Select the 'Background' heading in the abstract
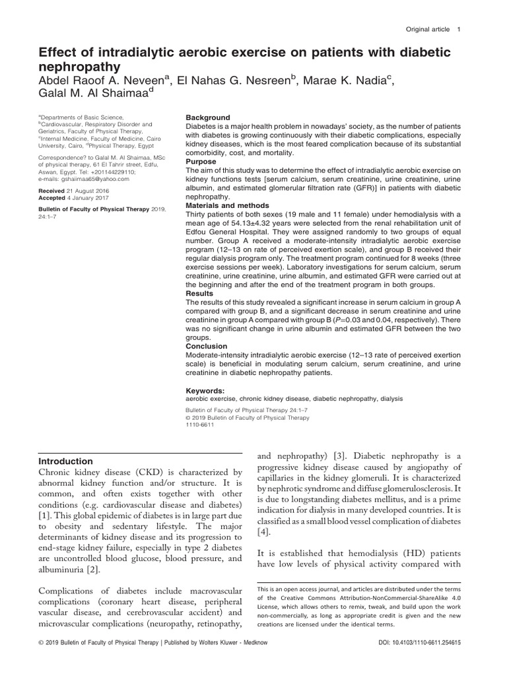tap(208, 118)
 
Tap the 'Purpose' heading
tap(202, 161)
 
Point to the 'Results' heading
tap(201, 292)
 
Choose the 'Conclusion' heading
tap(206, 346)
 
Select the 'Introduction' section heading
tap(66, 461)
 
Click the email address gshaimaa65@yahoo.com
tap(92, 178)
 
